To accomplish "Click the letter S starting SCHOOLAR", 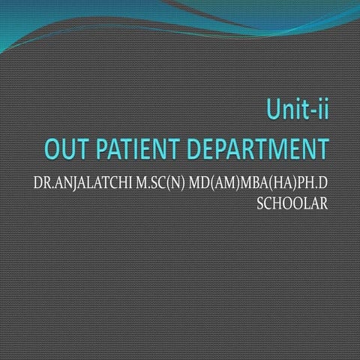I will [x=259, y=202].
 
